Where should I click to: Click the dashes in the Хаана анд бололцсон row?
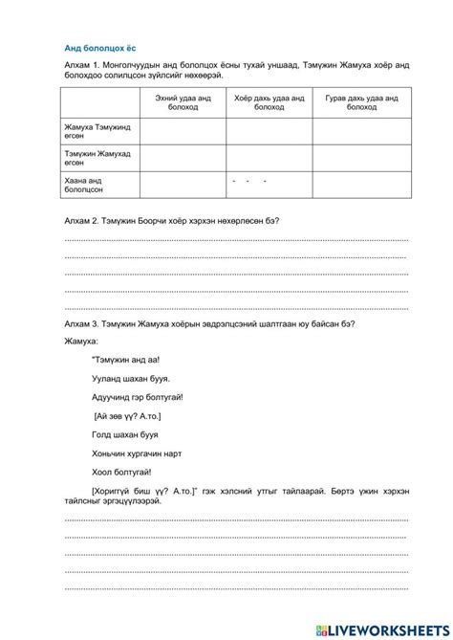tap(249, 180)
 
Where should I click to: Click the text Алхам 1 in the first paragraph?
tap(80, 63)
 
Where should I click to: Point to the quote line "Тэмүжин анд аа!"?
tap(126, 361)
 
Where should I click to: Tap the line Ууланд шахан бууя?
tap(131, 379)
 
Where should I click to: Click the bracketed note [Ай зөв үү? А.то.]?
tap(128, 416)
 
